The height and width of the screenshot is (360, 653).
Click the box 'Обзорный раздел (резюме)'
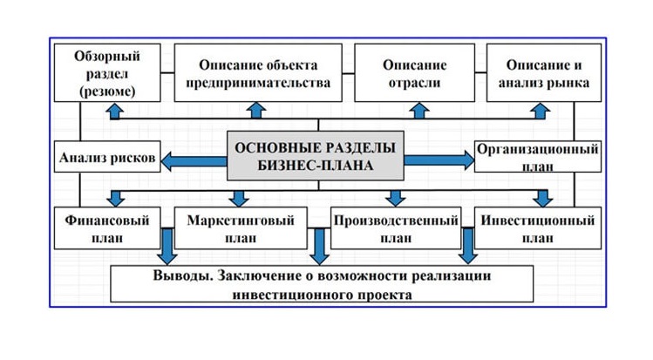[x=107, y=73]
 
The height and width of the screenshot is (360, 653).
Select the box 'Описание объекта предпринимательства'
[x=258, y=73]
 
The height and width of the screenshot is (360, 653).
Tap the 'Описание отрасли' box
[x=414, y=73]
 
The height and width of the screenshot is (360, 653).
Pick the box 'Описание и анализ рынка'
[x=544, y=73]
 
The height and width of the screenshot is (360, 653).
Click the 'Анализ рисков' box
[x=107, y=157]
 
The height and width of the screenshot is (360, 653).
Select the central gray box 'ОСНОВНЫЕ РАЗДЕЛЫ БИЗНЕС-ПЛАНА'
[x=316, y=156]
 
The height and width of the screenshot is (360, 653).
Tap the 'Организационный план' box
[x=538, y=157]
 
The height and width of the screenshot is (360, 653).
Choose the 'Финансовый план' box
[x=107, y=228]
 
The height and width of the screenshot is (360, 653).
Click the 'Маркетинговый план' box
[x=241, y=228]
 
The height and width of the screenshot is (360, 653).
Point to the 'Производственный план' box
[x=396, y=228]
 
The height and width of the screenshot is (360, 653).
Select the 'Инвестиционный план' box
[x=538, y=228]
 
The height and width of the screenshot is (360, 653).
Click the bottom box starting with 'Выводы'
[x=322, y=284]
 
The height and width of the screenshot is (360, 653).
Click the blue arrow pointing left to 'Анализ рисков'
[x=194, y=161]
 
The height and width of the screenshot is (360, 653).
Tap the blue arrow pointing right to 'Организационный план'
[x=439, y=160]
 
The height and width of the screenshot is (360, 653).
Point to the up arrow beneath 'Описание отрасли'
[x=419, y=111]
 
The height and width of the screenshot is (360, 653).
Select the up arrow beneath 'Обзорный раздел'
[x=115, y=111]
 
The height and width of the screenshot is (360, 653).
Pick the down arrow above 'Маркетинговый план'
[x=239, y=199]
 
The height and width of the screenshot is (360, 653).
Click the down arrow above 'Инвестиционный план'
[x=542, y=198]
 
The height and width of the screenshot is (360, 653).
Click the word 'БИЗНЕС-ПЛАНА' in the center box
[x=316, y=166]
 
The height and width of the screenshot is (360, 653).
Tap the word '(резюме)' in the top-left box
[x=107, y=92]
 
